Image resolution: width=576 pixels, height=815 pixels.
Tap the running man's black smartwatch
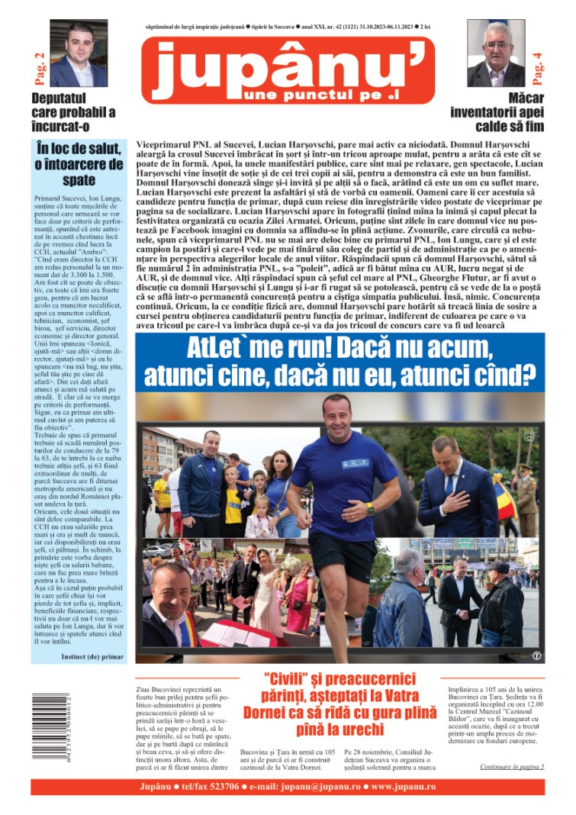371,509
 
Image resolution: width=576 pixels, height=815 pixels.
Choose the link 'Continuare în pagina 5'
512,766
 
